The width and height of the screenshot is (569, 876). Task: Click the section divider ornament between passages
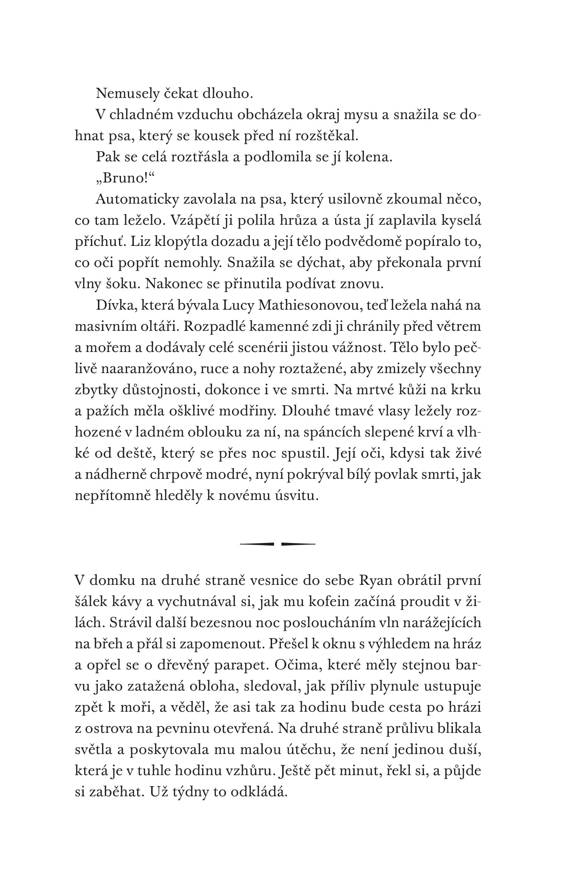pos(277,544)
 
